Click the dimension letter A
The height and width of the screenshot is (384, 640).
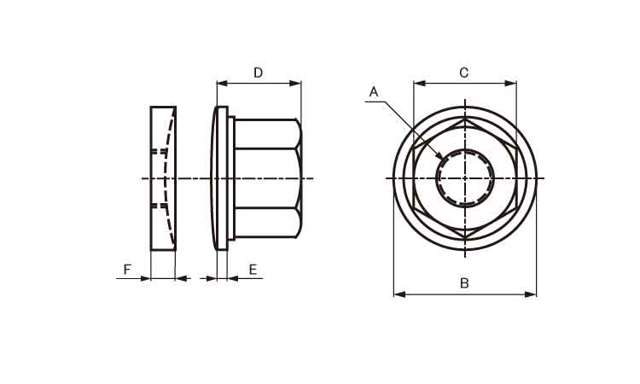pyautogui.click(x=374, y=92)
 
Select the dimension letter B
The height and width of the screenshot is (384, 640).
pyautogui.click(x=464, y=282)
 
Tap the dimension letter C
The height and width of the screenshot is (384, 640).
pyautogui.click(x=463, y=73)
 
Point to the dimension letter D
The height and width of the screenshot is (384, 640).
pyautogui.click(x=258, y=73)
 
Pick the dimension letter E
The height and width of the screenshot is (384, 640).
pyautogui.click(x=253, y=270)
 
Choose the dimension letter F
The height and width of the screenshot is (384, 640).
pyautogui.click(x=127, y=270)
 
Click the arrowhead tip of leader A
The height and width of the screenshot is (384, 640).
pyautogui.click(x=443, y=160)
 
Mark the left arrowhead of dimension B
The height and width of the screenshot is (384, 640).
pyautogui.click(x=399, y=294)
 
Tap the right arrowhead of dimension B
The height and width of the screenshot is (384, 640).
pyautogui.click(x=530, y=294)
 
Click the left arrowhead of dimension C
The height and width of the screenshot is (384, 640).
pyautogui.click(x=420, y=84)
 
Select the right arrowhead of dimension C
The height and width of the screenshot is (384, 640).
pyautogui.click(x=510, y=84)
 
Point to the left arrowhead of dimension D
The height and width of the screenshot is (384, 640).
pyautogui.click(x=223, y=84)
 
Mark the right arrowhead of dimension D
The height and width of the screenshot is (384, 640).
pyautogui.click(x=295, y=84)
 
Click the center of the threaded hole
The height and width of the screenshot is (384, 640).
pyautogui.click(x=465, y=178)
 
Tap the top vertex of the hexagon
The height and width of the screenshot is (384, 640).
pyautogui.click(x=465, y=119)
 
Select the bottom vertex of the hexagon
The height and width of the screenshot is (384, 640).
pyautogui.click(x=465, y=238)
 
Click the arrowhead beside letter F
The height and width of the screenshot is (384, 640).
pyautogui.click(x=145, y=279)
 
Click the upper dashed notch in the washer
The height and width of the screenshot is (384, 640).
pyautogui.click(x=160, y=151)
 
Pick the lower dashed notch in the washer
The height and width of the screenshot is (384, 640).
pyautogui.click(x=160, y=206)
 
